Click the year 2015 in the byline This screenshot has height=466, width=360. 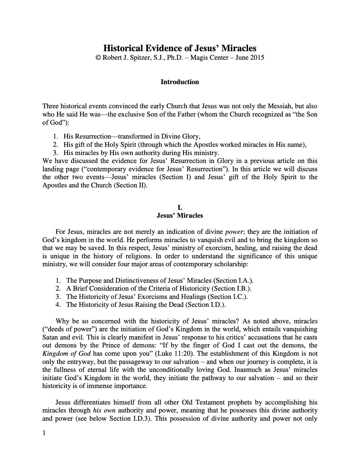257,57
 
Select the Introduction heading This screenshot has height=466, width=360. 180,82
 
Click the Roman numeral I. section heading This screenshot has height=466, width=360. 180,208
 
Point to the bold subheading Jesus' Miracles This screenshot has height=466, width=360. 180,216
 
